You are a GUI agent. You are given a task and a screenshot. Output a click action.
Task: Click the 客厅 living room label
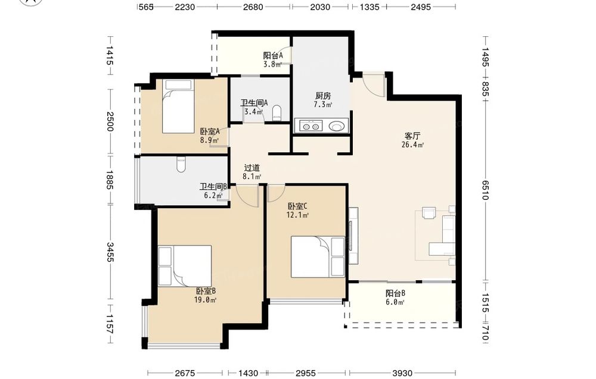click(412, 136)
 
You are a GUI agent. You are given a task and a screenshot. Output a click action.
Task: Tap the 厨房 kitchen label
click(322, 96)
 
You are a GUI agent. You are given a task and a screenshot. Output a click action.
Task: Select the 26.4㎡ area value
click(412, 145)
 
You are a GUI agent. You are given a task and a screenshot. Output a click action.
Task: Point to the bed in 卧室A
click(178, 107)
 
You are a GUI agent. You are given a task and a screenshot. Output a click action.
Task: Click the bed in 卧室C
click(318, 257)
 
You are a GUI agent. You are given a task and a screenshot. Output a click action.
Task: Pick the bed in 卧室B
click(185, 265)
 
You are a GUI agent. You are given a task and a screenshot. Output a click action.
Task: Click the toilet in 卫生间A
click(277, 112)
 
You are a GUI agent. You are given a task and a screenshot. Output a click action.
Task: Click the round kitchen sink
click(336, 126)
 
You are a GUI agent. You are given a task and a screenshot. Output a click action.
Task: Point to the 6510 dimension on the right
click(485, 190)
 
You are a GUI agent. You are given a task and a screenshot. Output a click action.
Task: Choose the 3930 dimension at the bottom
click(402, 373)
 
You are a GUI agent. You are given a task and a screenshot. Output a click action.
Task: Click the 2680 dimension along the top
click(253, 7)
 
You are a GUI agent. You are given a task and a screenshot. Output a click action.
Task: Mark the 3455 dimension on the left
click(110, 252)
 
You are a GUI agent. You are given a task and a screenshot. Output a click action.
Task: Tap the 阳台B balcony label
click(395, 293)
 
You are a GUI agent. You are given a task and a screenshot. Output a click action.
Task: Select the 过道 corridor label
click(252, 168)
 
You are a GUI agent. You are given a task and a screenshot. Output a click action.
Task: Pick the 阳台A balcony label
click(274, 55)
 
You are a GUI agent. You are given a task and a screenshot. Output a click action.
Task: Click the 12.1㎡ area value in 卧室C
click(297, 215)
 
